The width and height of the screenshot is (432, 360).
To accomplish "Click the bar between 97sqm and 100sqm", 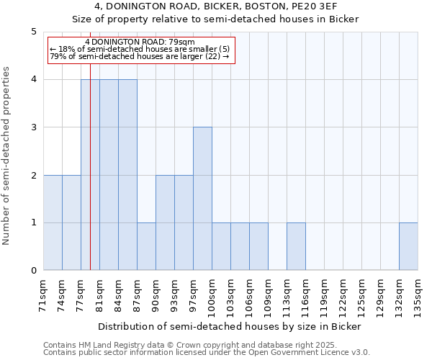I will (202, 199).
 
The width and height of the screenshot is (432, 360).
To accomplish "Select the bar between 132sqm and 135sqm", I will (408, 247).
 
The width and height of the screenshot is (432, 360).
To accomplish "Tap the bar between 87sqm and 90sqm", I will (146, 247).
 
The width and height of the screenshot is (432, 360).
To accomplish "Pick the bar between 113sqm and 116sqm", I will (296, 247).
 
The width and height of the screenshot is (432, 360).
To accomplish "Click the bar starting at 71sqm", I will (53, 222).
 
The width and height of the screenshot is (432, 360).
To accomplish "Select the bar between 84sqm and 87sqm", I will (127, 175).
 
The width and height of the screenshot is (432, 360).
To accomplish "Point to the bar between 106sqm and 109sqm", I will (258, 247).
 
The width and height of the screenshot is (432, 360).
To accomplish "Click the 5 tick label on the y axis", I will (33, 32).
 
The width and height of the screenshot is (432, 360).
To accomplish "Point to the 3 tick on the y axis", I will (33, 127).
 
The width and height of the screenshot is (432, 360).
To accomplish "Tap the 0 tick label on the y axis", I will (33, 271).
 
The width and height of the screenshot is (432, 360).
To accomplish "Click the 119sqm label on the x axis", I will (324, 294).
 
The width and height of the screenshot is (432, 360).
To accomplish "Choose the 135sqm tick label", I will (418, 294).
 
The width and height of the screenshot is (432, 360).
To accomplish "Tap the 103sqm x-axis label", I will (230, 294).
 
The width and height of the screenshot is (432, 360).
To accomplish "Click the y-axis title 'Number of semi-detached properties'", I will (7, 156).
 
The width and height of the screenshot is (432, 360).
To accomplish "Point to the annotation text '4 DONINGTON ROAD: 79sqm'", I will (139, 42).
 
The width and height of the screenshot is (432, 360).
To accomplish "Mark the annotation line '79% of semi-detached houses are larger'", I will (139, 56).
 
